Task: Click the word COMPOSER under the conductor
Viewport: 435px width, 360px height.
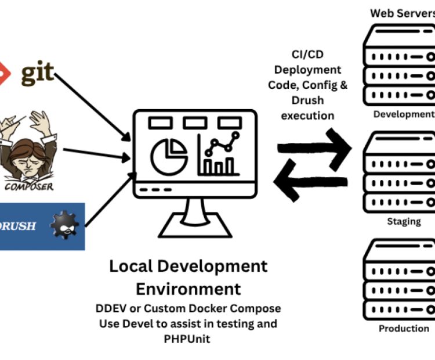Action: [29, 186]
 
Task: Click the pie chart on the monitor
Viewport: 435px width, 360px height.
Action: [169, 156]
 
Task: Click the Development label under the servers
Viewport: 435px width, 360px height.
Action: [404, 114]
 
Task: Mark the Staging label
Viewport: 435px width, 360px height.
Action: [404, 221]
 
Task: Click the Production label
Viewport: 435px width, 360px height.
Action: [404, 329]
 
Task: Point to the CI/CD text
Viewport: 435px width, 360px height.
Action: [307, 54]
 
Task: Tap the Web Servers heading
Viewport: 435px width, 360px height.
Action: [403, 13]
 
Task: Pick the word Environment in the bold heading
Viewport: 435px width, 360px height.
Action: [188, 289]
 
